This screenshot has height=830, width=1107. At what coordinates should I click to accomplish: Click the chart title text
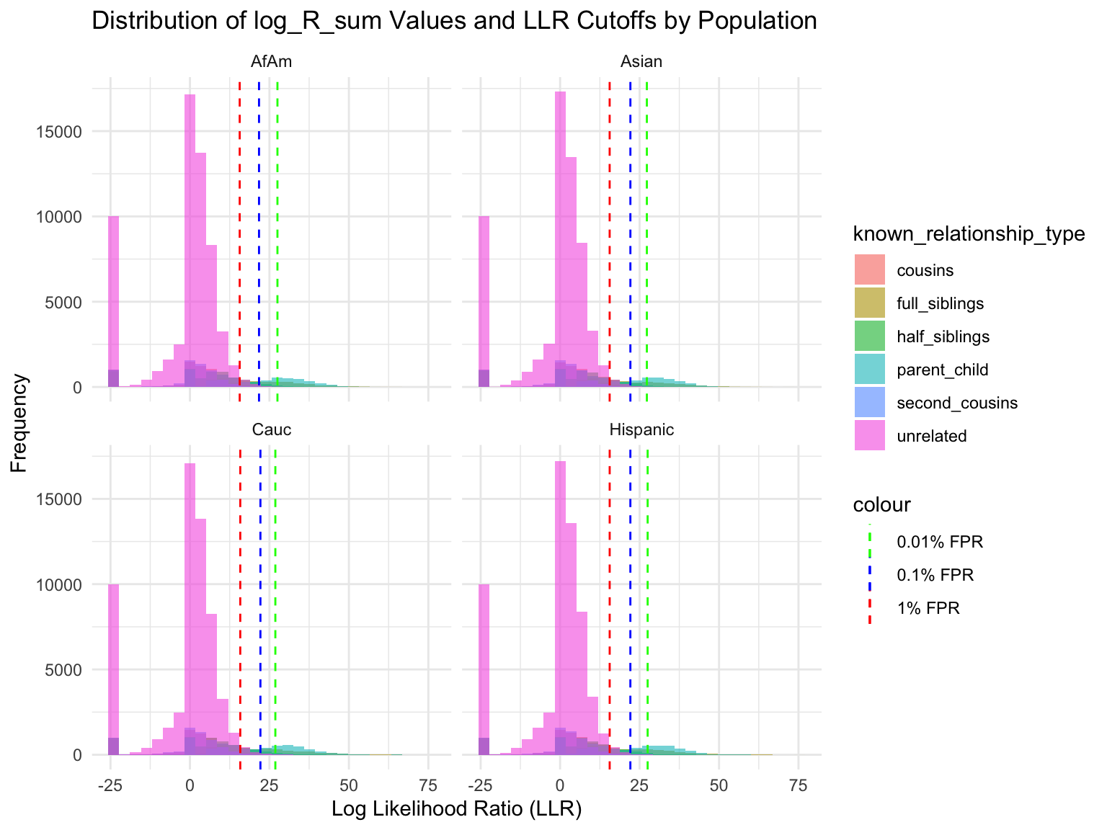coord(454,22)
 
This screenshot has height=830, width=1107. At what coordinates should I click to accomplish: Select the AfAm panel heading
coord(272,62)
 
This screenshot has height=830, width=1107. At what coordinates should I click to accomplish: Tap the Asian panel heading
coord(641,62)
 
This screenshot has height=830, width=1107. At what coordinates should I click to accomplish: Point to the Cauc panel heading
coord(272,430)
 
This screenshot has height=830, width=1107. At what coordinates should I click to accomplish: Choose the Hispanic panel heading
coord(641,430)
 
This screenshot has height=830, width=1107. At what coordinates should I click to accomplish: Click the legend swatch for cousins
coord(869,270)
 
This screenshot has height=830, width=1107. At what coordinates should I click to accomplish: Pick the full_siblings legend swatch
coord(869,303)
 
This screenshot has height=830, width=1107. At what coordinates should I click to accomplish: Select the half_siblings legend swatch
coord(869,336)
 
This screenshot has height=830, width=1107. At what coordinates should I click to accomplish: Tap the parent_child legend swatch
coord(869,370)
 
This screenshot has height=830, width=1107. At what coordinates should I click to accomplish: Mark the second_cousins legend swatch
coord(869,403)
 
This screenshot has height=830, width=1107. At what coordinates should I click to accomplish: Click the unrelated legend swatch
coord(869,436)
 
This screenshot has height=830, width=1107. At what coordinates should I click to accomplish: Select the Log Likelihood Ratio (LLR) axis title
coord(456,809)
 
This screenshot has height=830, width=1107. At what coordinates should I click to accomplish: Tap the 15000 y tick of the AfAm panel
coord(61,132)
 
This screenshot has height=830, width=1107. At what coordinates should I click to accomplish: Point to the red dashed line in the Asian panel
coord(610,216)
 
